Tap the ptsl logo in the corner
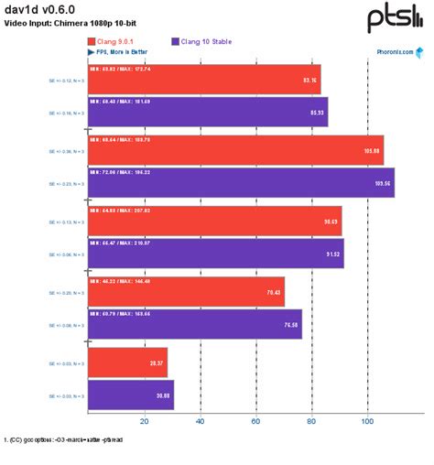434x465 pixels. [x=395, y=17]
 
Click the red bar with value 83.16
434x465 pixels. [x=203, y=81]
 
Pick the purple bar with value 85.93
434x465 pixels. [x=207, y=112]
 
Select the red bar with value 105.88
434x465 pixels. [x=235, y=151]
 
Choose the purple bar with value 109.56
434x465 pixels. [x=241, y=182]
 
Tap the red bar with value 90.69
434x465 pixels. [x=214, y=222]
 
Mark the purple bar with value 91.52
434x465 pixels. [x=215, y=253]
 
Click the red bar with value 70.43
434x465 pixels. [x=186, y=292]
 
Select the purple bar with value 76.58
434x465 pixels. [x=194, y=323]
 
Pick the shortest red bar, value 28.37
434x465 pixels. [x=127, y=362]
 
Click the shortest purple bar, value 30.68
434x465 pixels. [x=130, y=394]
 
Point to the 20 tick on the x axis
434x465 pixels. [x=144, y=421]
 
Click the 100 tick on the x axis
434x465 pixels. [x=367, y=421]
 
